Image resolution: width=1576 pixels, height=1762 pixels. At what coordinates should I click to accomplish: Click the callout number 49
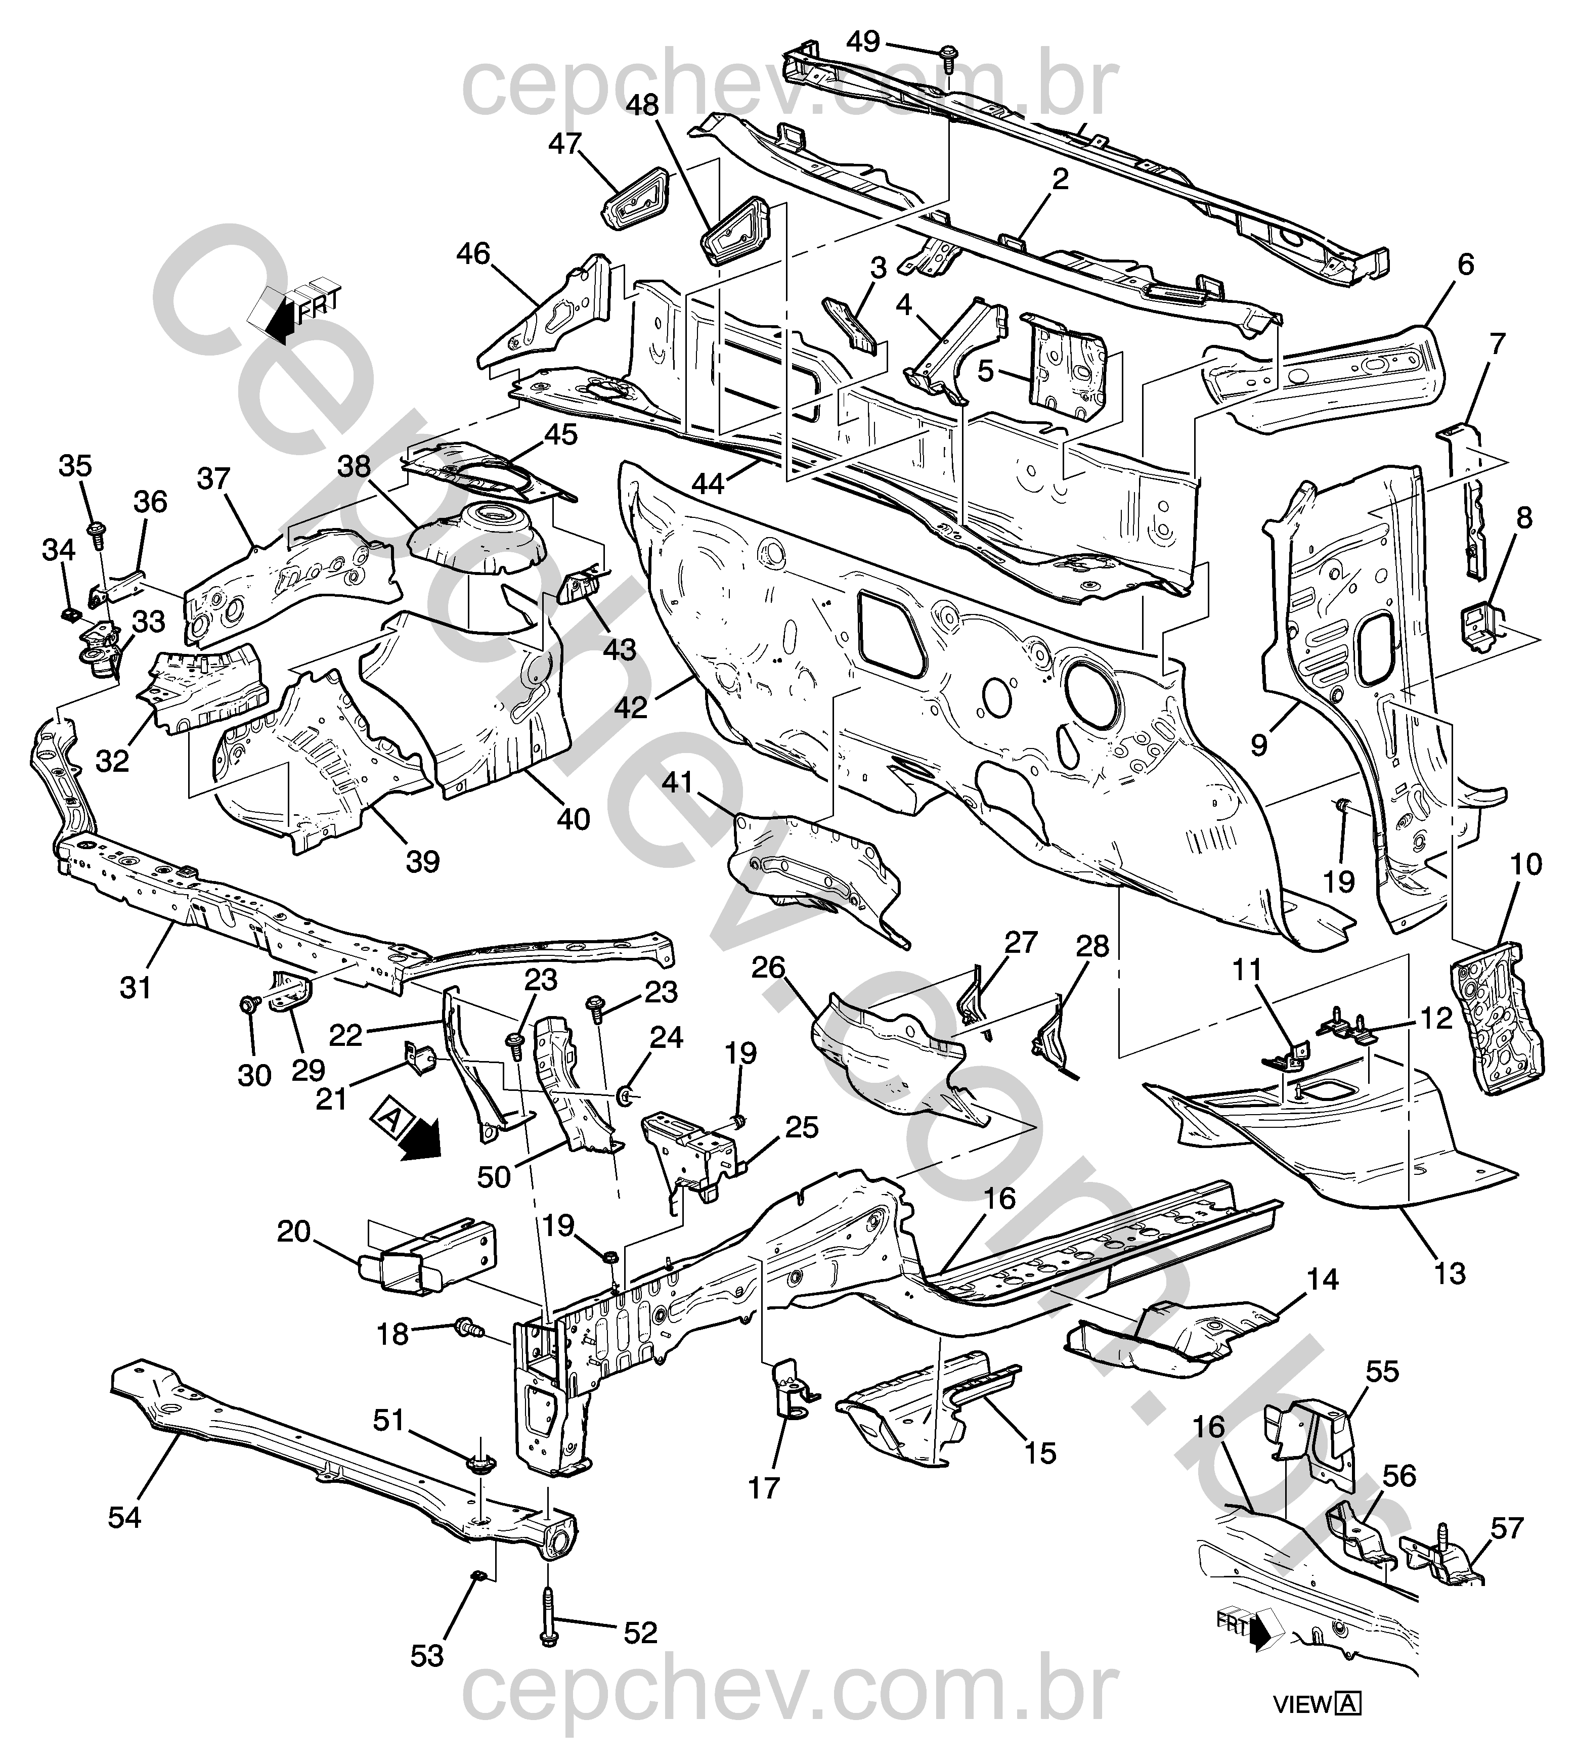pyautogui.click(x=863, y=40)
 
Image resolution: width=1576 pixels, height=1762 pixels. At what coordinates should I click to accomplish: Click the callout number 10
pyautogui.click(x=1526, y=864)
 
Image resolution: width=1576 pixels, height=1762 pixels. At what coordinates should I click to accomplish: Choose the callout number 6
pyautogui.click(x=1465, y=264)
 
